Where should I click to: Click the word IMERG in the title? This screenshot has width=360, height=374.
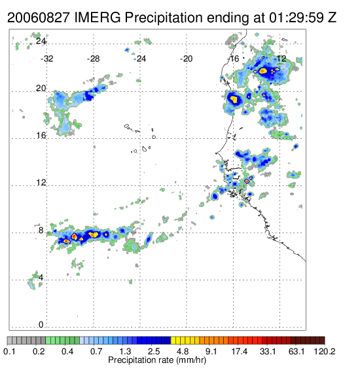[x=98, y=18]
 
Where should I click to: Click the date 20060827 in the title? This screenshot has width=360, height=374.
[x=39, y=18]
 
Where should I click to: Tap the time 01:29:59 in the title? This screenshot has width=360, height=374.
[x=296, y=18]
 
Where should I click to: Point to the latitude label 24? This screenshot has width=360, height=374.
[x=41, y=41]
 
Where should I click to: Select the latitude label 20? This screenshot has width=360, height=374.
[x=41, y=88]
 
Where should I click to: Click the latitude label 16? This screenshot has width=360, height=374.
[x=41, y=136]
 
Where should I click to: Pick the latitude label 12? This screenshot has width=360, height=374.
[x=41, y=183]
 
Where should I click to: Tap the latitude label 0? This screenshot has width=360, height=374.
[x=41, y=325]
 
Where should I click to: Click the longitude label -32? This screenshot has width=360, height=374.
[x=46, y=59]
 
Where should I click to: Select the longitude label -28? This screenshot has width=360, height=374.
[x=93, y=59]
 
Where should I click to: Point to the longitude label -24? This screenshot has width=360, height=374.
[x=139, y=59]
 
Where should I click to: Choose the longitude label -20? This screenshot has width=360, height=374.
[x=186, y=59]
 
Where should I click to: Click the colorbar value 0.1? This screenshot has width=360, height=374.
[x=9, y=351]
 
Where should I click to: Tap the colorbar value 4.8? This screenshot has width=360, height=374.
[x=183, y=351]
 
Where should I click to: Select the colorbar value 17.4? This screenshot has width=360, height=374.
[x=240, y=351]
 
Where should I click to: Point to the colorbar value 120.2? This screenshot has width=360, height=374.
[x=325, y=351]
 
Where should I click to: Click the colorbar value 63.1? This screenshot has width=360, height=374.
[x=297, y=351]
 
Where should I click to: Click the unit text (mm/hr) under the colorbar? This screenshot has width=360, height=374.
[x=191, y=360]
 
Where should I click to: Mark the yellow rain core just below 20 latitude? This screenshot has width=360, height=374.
[x=234, y=99]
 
